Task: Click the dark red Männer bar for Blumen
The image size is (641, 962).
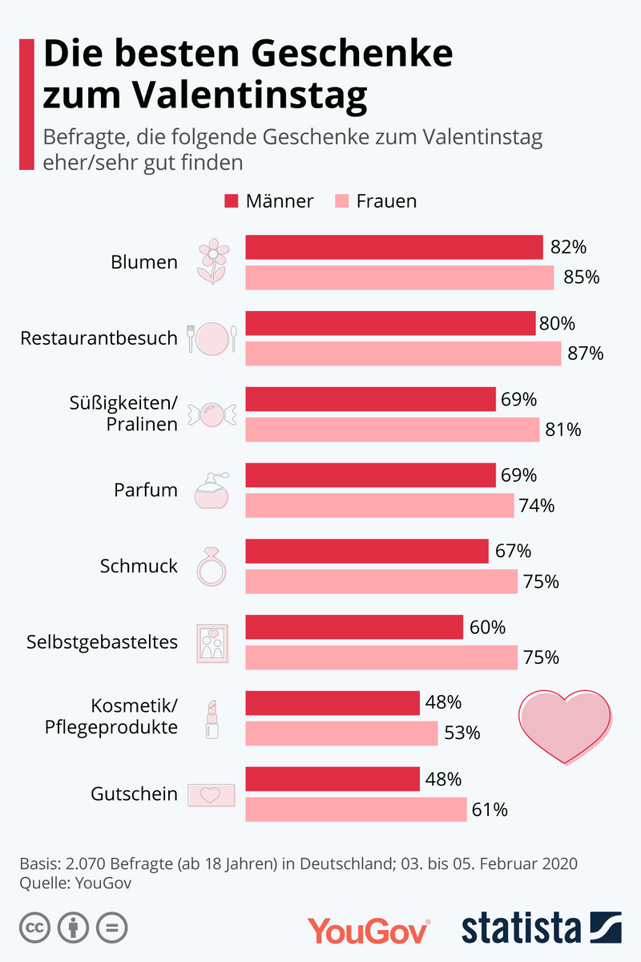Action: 394,248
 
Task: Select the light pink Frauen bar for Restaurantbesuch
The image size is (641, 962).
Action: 403,354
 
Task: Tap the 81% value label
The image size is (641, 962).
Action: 563,430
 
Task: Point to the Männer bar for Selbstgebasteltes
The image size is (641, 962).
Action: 354,628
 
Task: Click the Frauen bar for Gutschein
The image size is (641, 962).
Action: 356,810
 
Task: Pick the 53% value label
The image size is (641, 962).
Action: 462,733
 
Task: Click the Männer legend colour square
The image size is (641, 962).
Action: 232,201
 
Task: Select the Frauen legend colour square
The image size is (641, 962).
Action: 341,201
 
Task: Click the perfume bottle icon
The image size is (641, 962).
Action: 212,491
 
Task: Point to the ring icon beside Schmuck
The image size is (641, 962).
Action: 212,566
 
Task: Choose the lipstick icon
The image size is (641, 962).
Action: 212,718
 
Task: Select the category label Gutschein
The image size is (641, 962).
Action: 135,794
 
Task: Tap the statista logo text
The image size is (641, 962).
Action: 521,928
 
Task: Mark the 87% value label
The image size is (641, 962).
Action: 585,354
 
